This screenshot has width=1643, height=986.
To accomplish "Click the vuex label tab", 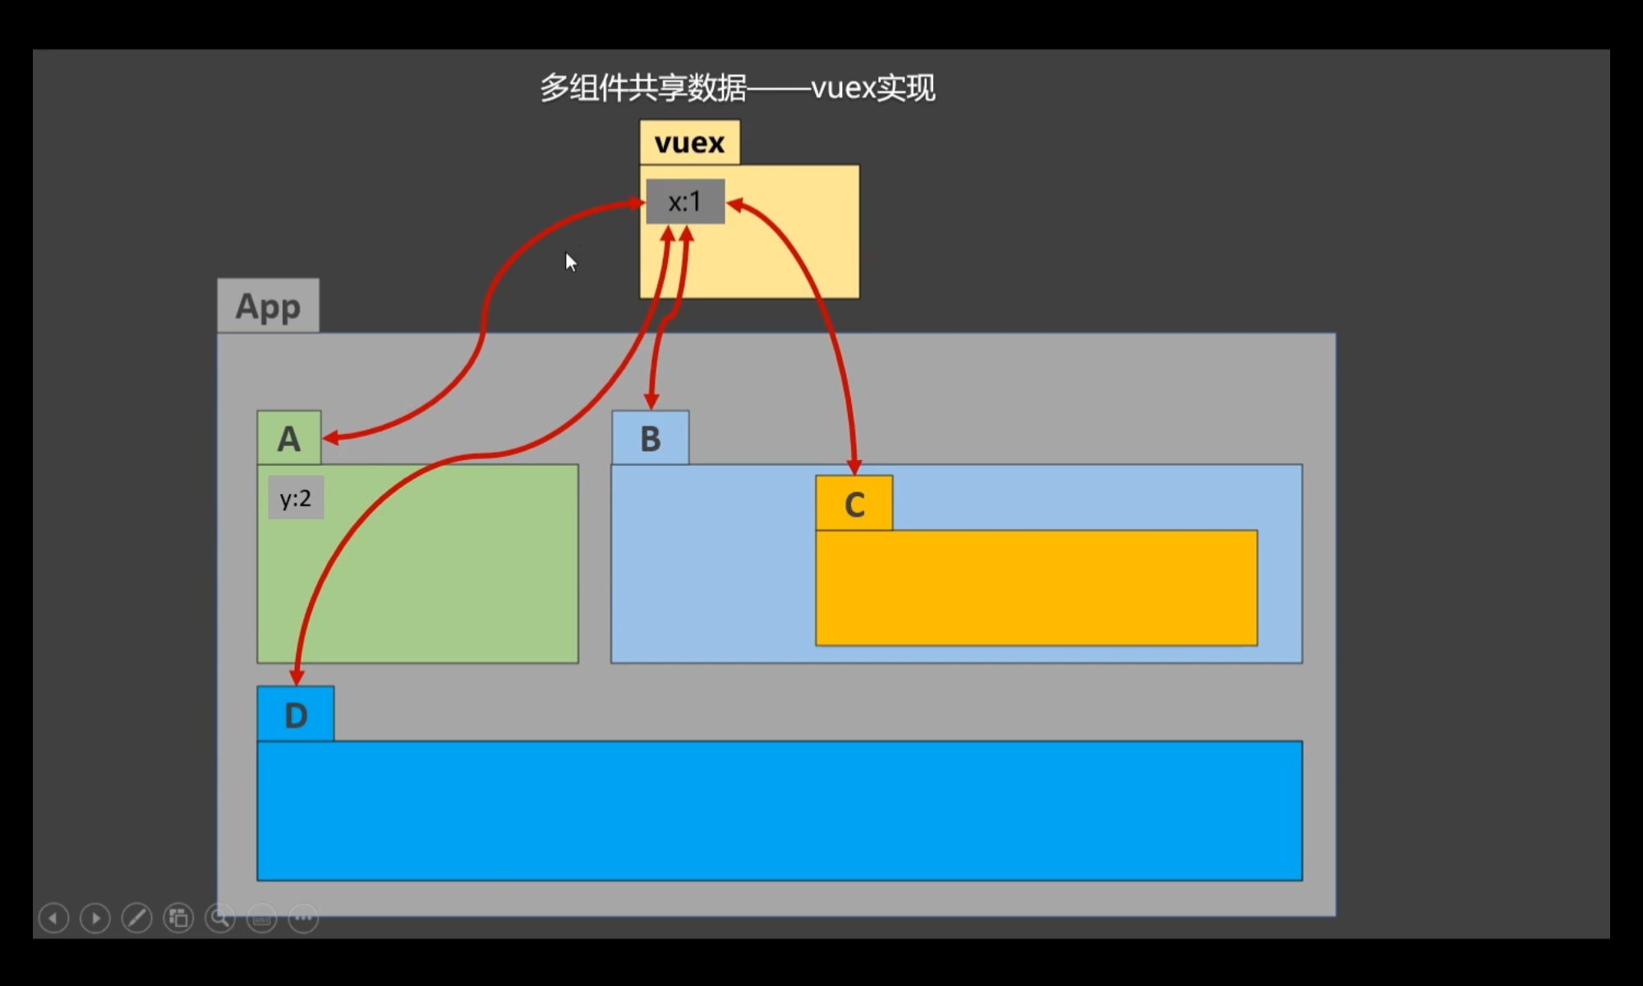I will pyautogui.click(x=689, y=142).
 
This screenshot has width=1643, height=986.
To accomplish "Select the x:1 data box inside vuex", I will pyautogui.click(x=685, y=201).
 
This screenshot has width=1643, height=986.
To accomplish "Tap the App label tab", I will pyautogui.click(x=268, y=306).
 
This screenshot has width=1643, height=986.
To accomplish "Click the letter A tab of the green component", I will pyautogui.click(x=288, y=438).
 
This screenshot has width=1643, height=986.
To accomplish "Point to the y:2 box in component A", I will pyautogui.click(x=296, y=498).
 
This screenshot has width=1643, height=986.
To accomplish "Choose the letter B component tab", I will pyautogui.click(x=650, y=438).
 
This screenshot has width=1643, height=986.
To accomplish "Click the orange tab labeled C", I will pyautogui.click(x=854, y=503).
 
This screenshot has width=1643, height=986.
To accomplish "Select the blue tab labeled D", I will pyautogui.click(x=296, y=714).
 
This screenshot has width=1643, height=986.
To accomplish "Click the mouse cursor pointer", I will pyautogui.click(x=571, y=262).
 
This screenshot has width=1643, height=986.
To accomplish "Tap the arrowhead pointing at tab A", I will pyautogui.click(x=331, y=438).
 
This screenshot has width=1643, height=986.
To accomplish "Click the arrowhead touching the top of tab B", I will pyautogui.click(x=651, y=401).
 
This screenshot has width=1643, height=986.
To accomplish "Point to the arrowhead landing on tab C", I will pyautogui.click(x=854, y=467).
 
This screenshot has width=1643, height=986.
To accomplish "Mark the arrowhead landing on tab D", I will pyautogui.click(x=297, y=676).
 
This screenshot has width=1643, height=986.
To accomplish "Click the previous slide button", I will pyautogui.click(x=53, y=918).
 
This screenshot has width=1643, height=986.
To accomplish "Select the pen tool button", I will pyautogui.click(x=136, y=918).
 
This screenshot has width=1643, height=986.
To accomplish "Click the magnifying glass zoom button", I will pyautogui.click(x=220, y=918).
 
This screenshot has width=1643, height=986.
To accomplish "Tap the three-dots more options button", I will pyautogui.click(x=303, y=918).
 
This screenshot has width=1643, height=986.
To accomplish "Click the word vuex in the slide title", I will pyautogui.click(x=843, y=88).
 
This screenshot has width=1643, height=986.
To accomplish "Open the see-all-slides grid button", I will pyautogui.click(x=178, y=918).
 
